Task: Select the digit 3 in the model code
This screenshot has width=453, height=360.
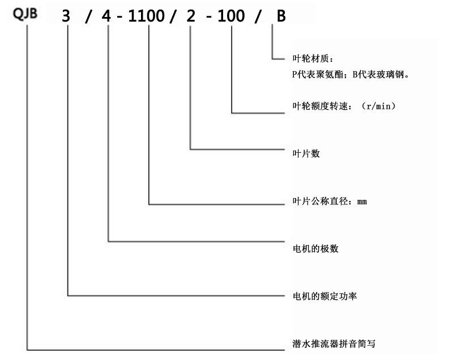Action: [x=67, y=16]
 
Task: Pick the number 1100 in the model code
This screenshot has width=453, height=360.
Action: [x=148, y=16]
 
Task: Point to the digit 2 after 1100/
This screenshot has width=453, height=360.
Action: [x=190, y=16]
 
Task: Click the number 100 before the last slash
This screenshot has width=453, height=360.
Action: [x=232, y=16]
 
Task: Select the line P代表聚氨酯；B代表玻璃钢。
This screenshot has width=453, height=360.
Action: [x=349, y=74]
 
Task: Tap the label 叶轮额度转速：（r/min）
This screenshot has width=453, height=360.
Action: [x=343, y=106]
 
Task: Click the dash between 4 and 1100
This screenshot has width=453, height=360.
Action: [x=120, y=16]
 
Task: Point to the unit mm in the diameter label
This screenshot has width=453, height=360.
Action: [x=362, y=202]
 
